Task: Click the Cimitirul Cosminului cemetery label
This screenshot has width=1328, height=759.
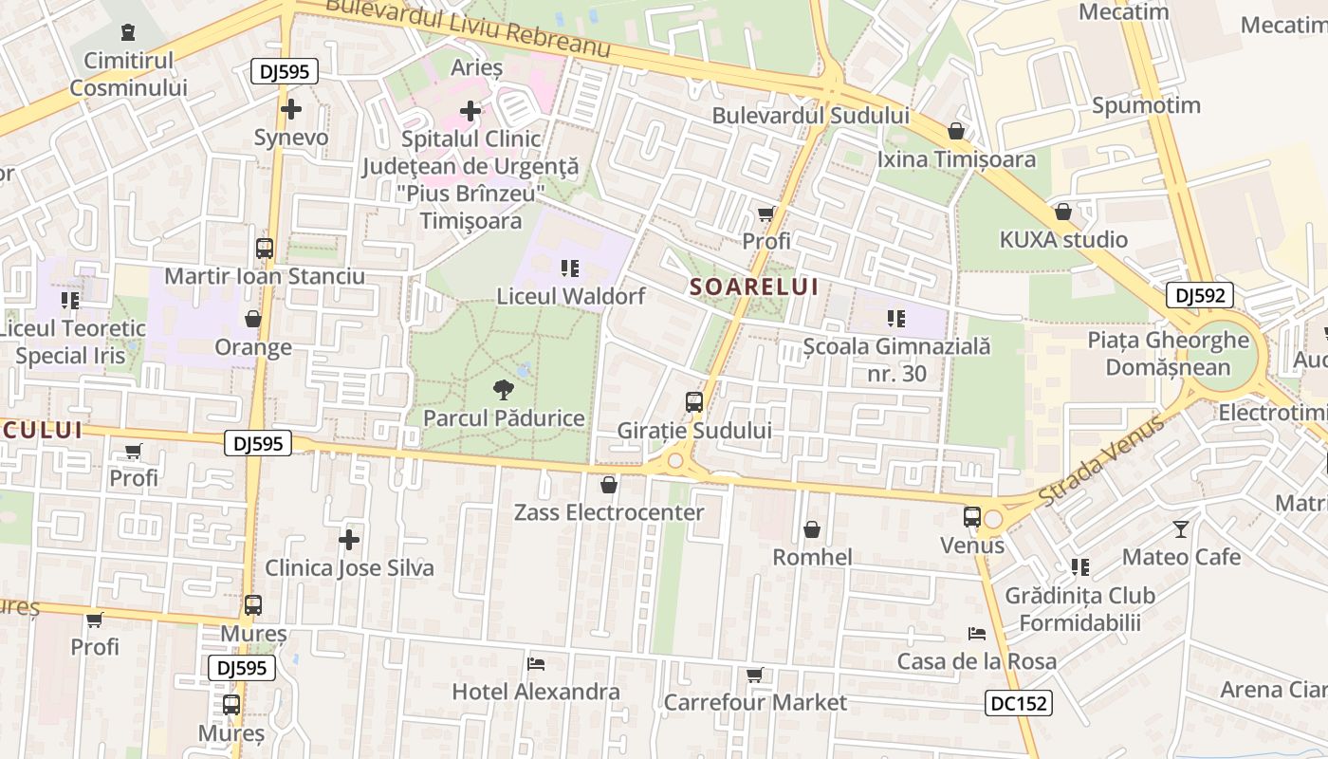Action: [128, 74]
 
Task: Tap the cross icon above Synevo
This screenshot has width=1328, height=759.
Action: [291, 109]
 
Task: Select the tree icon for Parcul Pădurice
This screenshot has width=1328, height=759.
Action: [504, 389]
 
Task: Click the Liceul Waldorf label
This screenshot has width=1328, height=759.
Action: [571, 296]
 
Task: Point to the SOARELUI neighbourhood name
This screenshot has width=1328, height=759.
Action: [753, 287]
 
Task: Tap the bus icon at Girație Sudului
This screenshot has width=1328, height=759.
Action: [694, 402]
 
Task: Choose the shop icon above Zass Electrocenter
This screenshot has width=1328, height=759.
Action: [609, 485]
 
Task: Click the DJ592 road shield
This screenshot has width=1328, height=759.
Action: [1200, 296]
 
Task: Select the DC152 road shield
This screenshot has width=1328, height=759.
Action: [1018, 703]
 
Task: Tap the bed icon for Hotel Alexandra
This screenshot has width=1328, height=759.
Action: [536, 663]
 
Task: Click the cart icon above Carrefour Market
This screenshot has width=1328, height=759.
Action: [754, 675]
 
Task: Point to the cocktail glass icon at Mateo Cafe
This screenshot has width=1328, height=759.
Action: [1181, 528]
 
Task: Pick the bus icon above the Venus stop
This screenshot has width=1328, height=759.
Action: [972, 517]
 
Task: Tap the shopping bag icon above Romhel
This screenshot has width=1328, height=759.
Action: [812, 529]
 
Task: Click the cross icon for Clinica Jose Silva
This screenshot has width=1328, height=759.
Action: [349, 540]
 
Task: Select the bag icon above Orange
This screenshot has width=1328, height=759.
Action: [252, 319]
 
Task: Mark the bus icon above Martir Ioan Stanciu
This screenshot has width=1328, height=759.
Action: [265, 249]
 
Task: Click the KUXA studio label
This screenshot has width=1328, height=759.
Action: [1063, 239]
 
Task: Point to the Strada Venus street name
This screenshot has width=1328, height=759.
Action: [1101, 461]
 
